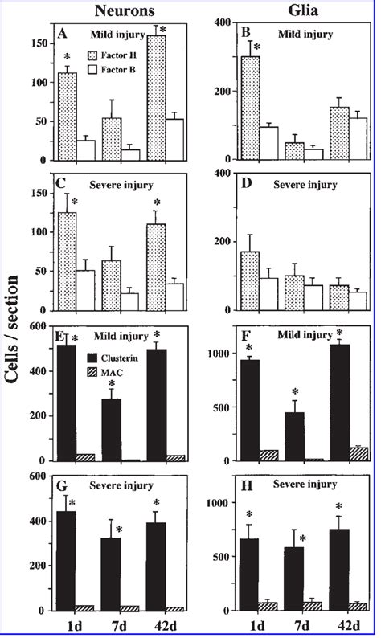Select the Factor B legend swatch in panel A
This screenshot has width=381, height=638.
click(x=108, y=71)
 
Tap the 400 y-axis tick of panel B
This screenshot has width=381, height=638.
click(x=216, y=20)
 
